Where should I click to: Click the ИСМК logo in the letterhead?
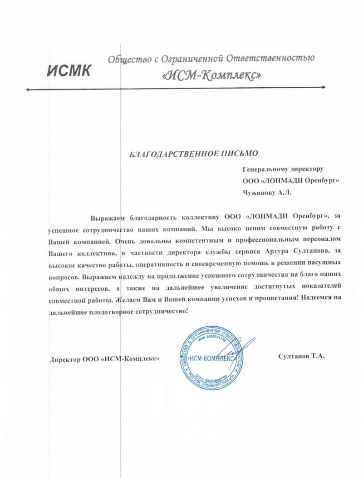click(69, 70)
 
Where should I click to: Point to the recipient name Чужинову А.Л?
click(267, 192)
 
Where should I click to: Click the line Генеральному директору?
click(283, 169)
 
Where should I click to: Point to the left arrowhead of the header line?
click(29, 90)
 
